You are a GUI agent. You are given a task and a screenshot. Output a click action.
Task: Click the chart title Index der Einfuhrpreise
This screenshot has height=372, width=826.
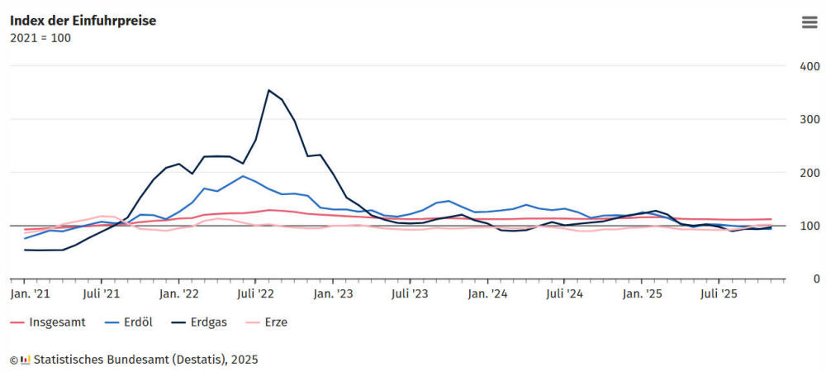click(83, 21)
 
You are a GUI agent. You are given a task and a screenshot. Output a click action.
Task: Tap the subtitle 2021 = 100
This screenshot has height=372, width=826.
click(40, 38)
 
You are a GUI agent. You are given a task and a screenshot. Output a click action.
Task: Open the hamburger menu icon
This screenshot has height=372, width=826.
click(809, 22)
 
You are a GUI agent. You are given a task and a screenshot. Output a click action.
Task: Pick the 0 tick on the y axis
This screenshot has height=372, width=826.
click(816, 279)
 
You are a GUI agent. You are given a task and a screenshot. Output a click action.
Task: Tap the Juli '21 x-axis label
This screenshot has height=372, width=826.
click(101, 293)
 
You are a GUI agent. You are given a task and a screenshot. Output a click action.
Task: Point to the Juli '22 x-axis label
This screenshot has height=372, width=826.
click(255, 293)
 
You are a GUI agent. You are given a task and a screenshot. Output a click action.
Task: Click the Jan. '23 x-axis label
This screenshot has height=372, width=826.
click(334, 293)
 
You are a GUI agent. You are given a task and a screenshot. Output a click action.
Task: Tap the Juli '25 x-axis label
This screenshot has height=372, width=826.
click(719, 293)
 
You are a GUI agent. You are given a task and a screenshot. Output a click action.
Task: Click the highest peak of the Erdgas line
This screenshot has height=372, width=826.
click(268, 90)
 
